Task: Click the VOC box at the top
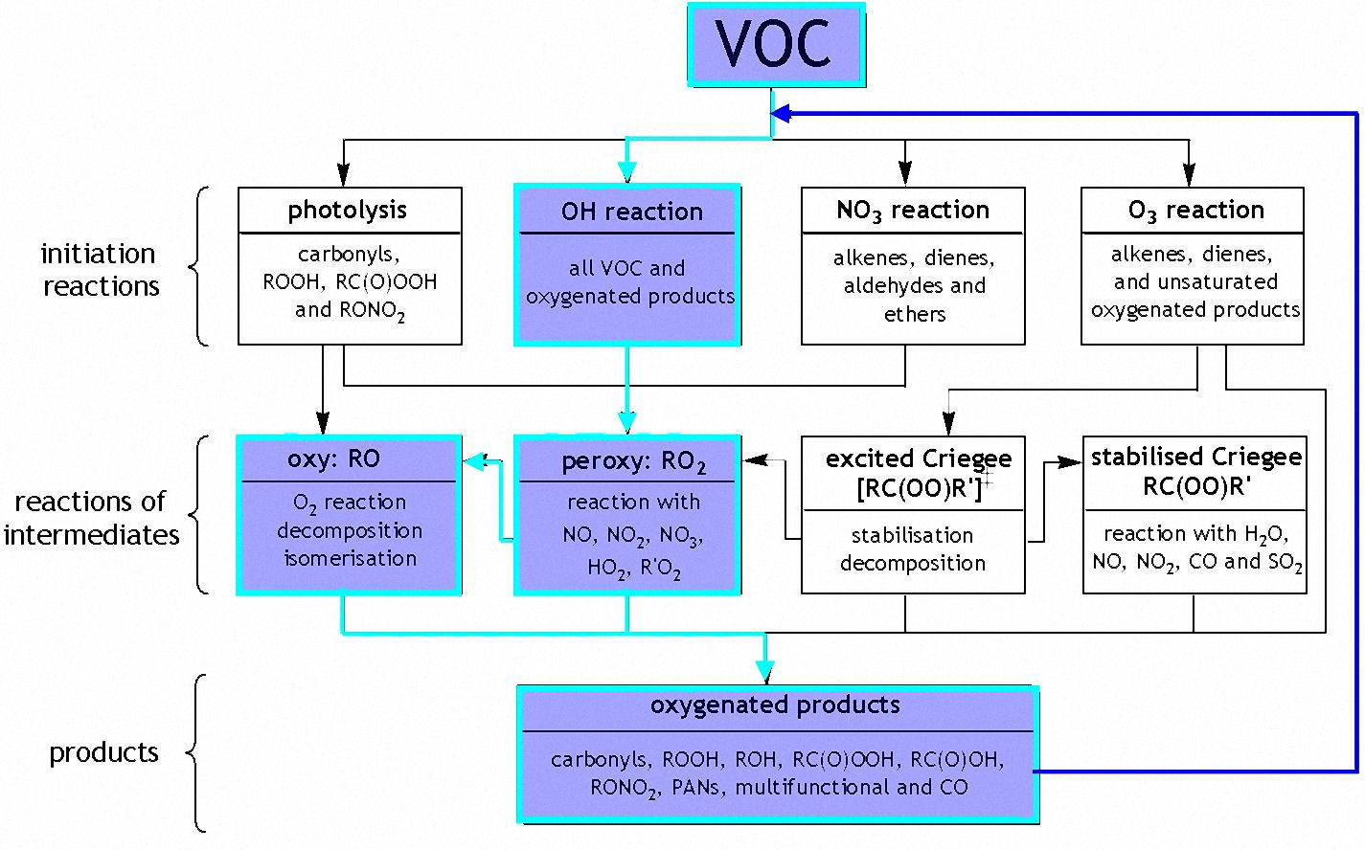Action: point(775,44)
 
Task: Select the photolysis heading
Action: point(348,211)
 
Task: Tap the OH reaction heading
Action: point(631,212)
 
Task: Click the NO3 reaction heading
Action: point(912,211)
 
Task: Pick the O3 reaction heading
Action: point(1195,211)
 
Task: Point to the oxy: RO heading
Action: point(333,459)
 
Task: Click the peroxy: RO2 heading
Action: point(633,462)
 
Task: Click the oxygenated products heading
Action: point(775,706)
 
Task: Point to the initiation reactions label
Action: point(100,270)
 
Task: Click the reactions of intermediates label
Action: point(92,518)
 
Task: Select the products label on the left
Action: point(103,752)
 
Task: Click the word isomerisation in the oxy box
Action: point(351,559)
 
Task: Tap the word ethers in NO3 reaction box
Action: point(915,314)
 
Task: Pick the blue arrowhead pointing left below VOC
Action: point(781,113)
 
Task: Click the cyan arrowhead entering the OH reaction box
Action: point(626,174)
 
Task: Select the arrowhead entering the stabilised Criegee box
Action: point(1073,462)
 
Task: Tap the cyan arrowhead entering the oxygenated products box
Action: point(764,673)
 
